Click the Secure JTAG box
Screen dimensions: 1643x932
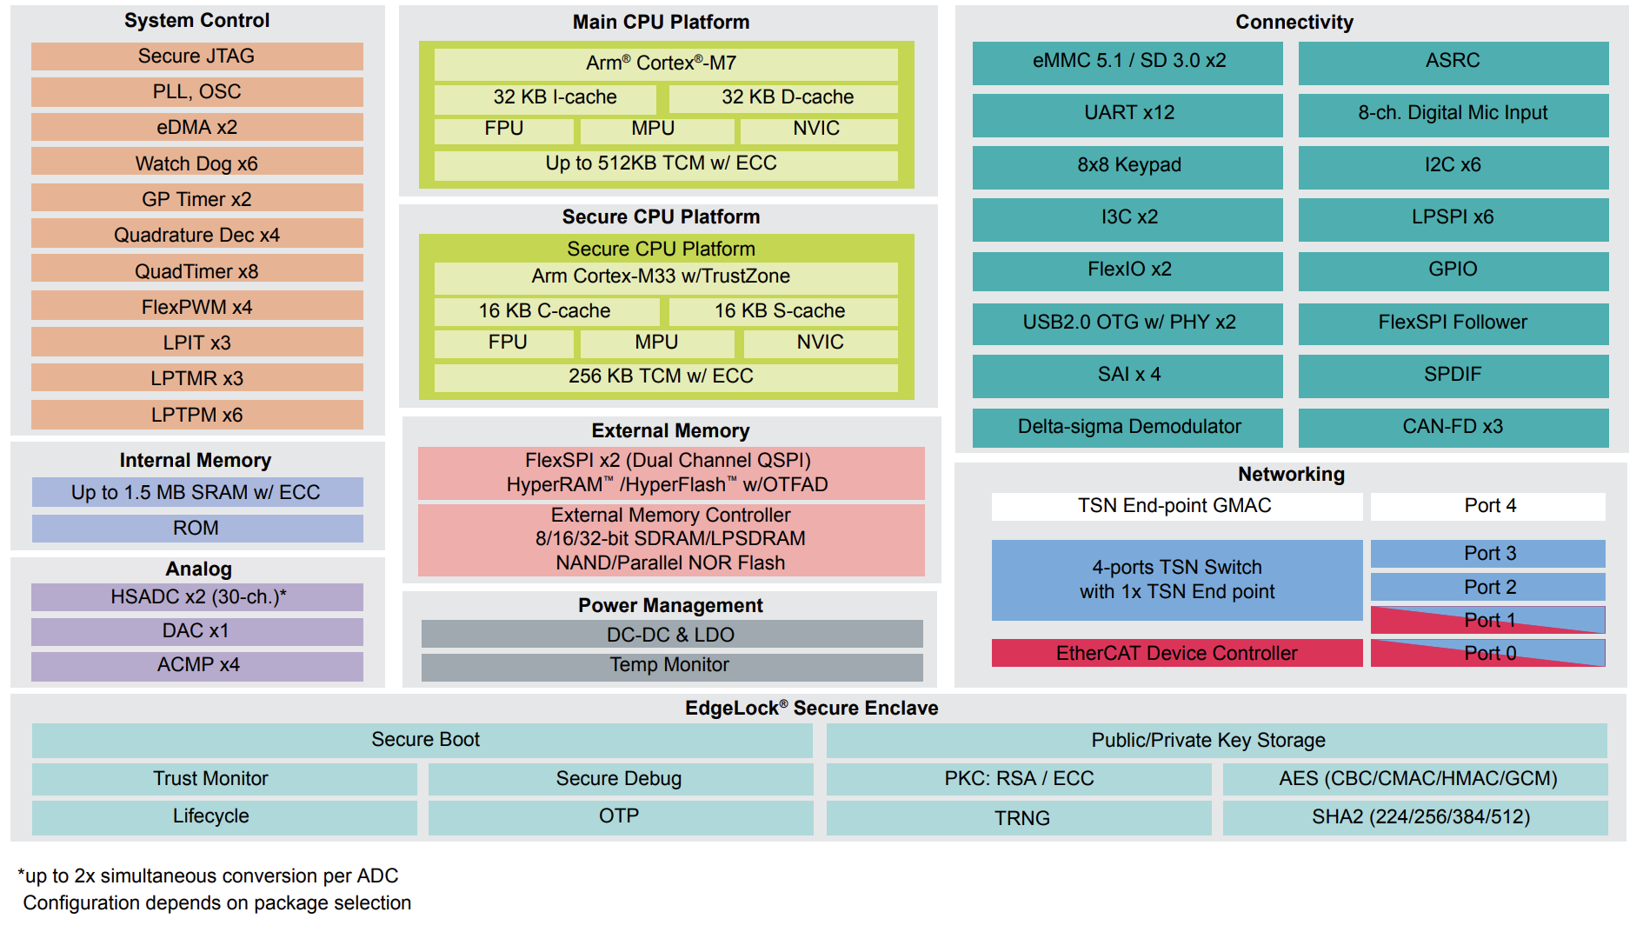(x=196, y=57)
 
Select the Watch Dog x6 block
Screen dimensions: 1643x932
(x=196, y=163)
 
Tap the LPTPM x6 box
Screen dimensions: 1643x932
(x=196, y=415)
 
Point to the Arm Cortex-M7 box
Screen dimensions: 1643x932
(x=666, y=63)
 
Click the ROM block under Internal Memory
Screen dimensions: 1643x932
(x=197, y=529)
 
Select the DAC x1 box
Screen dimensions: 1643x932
(x=197, y=631)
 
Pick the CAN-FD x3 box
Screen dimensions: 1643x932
(x=1453, y=427)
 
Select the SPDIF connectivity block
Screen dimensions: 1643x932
(x=1453, y=375)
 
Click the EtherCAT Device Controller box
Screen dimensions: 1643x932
(x=1177, y=653)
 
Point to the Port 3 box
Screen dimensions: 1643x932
(x=1488, y=554)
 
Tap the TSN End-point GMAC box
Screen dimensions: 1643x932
(x=1177, y=506)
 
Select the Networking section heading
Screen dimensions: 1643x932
(x=1292, y=475)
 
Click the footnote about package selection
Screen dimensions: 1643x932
(x=217, y=903)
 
